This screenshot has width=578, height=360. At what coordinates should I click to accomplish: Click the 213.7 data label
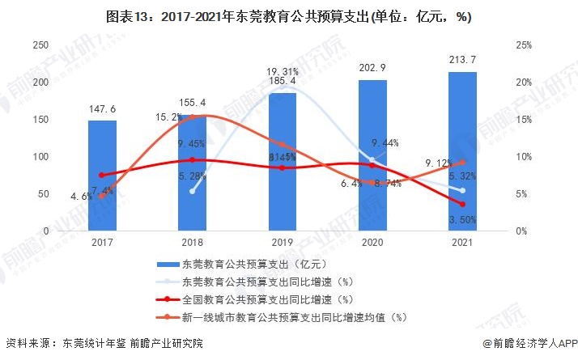tap(462, 60)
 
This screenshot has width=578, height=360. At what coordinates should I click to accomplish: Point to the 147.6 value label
tap(102, 108)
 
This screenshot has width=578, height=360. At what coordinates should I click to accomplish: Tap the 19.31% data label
tap(283, 71)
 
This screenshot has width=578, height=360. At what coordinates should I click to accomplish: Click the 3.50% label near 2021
tap(462, 218)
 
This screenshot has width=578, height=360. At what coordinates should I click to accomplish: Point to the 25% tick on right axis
tap(523, 46)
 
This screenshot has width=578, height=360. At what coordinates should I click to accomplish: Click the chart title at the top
tap(289, 15)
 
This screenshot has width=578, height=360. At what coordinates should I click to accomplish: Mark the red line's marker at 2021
tap(462, 205)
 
